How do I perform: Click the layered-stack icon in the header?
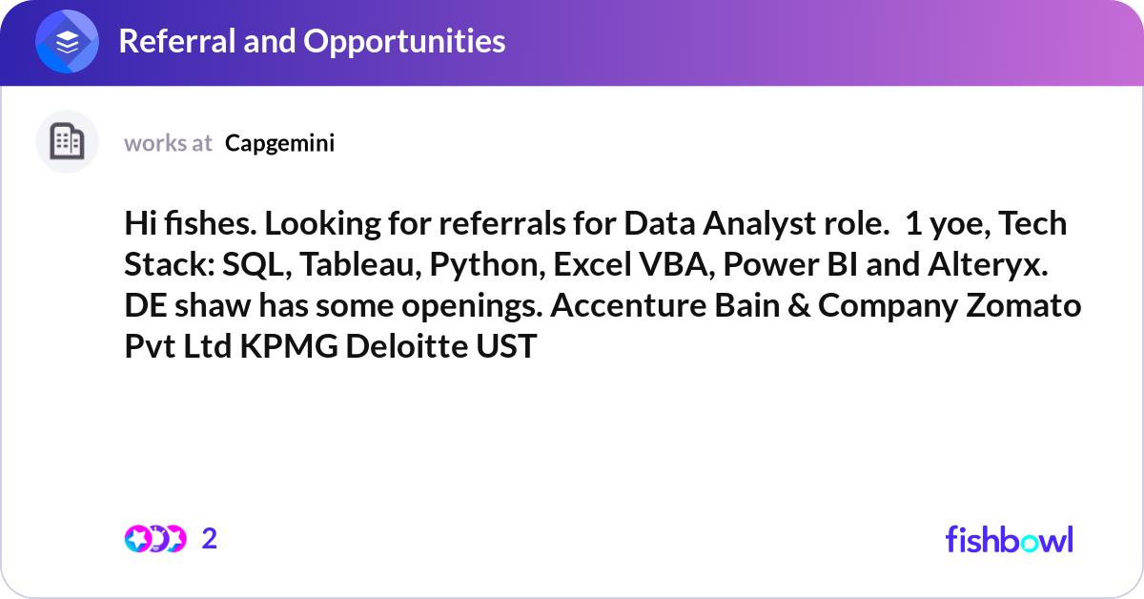click(x=67, y=41)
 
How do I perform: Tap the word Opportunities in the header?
click(x=404, y=42)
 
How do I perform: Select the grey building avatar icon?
click(x=67, y=141)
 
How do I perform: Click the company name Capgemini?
click(x=280, y=144)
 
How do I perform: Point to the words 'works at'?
click(x=168, y=143)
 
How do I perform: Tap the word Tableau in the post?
click(x=360, y=265)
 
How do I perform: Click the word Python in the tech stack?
click(x=487, y=266)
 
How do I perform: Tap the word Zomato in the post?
click(x=1023, y=305)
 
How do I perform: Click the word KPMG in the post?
click(x=289, y=346)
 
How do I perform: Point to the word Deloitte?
click(x=406, y=346)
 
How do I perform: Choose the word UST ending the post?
click(x=506, y=346)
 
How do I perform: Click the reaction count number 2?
click(x=210, y=539)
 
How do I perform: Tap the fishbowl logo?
click(x=1010, y=539)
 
